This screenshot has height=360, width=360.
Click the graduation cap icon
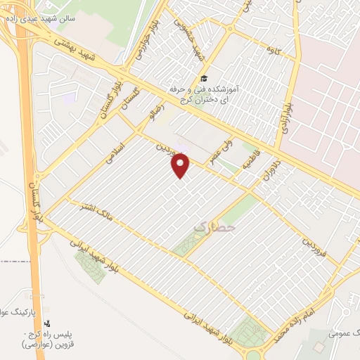pyautogui.click(x=204, y=79)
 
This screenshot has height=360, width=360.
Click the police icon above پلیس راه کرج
pyautogui.click(x=47, y=323)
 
